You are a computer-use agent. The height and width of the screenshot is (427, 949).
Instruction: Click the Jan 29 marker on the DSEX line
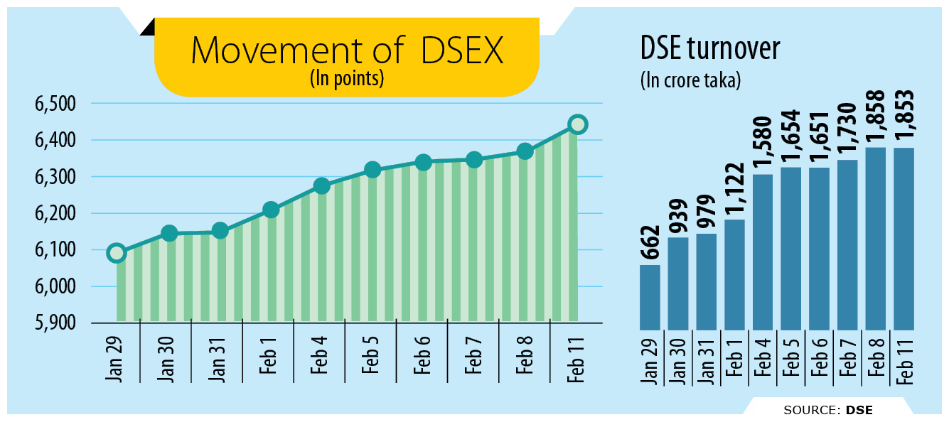[x=117, y=253]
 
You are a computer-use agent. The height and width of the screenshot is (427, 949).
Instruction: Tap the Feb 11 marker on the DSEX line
[x=578, y=125]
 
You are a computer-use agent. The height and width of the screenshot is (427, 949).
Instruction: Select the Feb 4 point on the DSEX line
[x=321, y=186]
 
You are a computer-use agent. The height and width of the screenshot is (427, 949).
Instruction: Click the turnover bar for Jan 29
[x=650, y=297]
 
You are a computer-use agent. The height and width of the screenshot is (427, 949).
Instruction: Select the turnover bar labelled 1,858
[x=875, y=238]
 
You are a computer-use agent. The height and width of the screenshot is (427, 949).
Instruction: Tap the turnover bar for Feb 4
[x=763, y=252]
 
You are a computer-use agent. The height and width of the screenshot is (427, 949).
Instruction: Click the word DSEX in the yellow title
[x=461, y=51]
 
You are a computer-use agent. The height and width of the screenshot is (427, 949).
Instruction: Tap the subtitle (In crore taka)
[x=690, y=80]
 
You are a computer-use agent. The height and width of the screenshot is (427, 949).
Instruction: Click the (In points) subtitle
[x=347, y=78]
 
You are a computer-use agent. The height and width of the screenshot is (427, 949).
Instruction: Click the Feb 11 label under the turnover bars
[x=904, y=360]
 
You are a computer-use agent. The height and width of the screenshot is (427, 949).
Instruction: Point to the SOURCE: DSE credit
[x=827, y=410]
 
